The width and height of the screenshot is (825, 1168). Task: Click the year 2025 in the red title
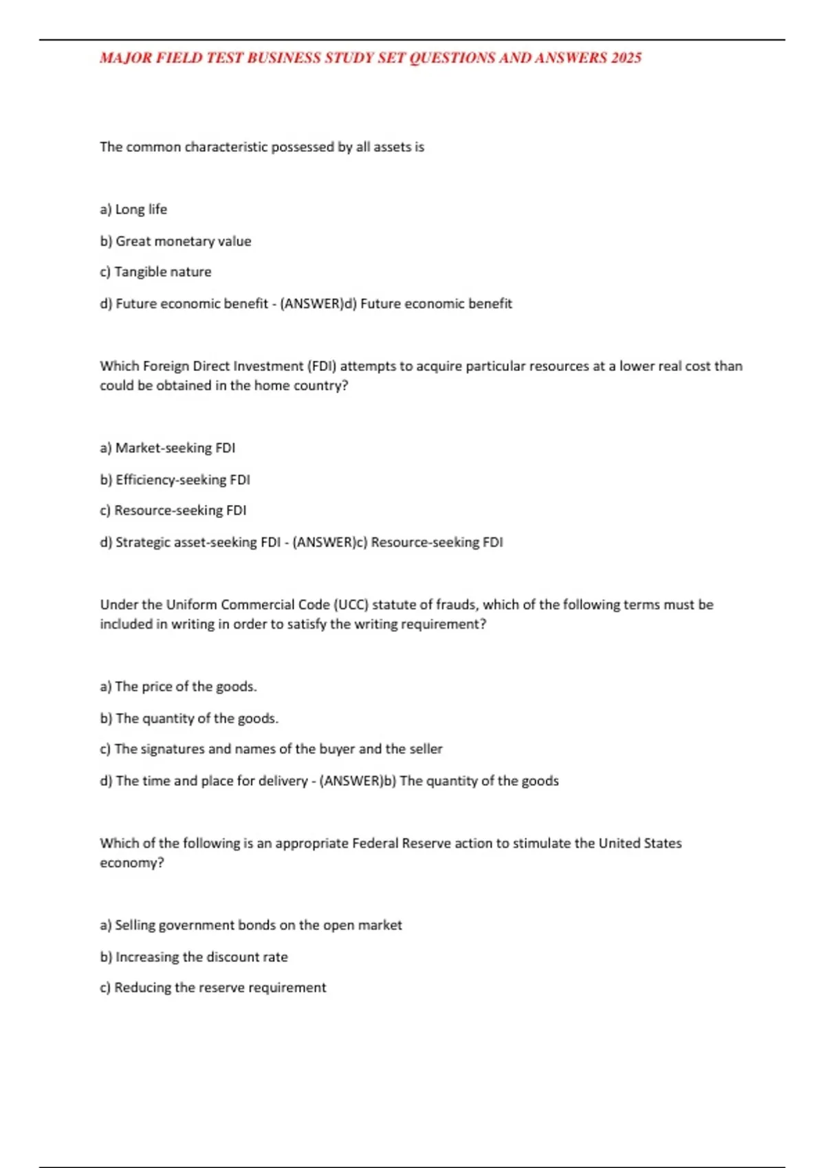(626, 58)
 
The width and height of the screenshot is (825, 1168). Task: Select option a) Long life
(133, 210)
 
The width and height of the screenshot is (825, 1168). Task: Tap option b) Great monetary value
(175, 241)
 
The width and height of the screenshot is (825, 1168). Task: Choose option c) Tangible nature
(155, 272)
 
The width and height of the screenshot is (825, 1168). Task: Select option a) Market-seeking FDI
(167, 448)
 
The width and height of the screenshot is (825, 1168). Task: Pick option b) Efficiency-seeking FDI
(175, 480)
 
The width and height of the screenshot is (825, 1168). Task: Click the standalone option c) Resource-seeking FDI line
(173, 510)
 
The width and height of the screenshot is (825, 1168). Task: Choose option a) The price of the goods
(178, 686)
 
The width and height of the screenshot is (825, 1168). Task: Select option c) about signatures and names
(271, 749)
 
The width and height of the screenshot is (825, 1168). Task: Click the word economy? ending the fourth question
(132, 863)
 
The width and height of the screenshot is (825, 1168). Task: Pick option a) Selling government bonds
(251, 925)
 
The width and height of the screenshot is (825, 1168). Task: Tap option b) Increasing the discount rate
(194, 957)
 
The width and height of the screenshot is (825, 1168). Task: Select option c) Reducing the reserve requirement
(213, 988)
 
